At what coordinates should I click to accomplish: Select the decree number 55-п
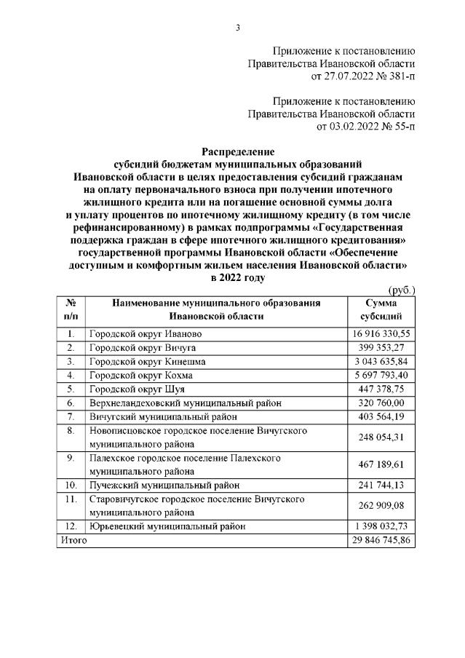[x=399, y=127]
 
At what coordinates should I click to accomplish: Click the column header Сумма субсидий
[x=383, y=310]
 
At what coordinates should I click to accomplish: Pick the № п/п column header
[x=71, y=310]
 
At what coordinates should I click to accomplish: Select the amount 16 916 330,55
[x=383, y=333]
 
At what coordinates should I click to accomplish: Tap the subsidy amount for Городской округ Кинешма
[x=383, y=361]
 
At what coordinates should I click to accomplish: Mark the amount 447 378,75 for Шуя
[x=383, y=389]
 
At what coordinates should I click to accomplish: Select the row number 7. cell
[x=71, y=416]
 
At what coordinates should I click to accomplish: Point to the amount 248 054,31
[x=383, y=437]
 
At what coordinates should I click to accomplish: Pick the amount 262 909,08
[x=383, y=505]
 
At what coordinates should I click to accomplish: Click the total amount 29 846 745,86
[x=383, y=541]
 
